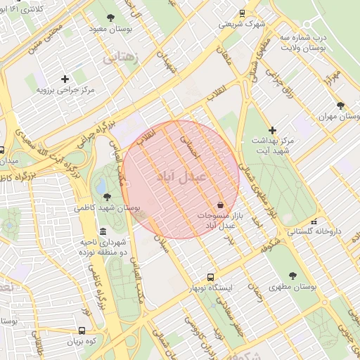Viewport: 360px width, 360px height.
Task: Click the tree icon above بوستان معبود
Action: point(110,18)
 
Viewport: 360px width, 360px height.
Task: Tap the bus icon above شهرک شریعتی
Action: point(243,13)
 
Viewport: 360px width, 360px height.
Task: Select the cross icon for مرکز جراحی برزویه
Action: point(65,79)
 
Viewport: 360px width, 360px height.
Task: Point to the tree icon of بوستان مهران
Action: point(341,105)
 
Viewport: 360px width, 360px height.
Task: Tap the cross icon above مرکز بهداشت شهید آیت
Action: point(273,130)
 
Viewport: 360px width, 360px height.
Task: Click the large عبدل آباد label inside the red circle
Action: point(181,176)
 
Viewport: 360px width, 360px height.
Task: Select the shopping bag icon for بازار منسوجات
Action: point(221,204)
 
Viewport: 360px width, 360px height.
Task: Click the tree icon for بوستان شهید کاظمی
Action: point(107,197)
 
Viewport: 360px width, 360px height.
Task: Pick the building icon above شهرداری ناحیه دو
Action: point(103,231)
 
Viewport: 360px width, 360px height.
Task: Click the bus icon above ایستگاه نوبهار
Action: point(210,276)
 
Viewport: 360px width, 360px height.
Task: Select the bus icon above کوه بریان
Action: point(82,330)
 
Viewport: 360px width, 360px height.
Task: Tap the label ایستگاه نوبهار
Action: point(216,288)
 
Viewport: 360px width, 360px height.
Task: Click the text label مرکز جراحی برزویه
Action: point(65,91)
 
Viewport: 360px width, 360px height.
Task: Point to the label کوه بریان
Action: point(82,342)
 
